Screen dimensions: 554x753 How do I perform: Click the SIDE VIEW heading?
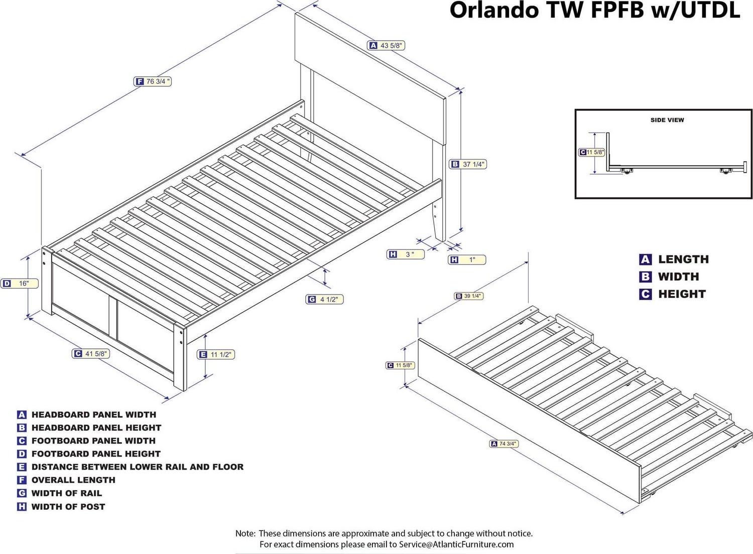[667, 120]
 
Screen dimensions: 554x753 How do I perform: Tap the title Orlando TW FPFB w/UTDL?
[594, 10]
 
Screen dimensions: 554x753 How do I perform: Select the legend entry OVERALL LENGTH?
[73, 480]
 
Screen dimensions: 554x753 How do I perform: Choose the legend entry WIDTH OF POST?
[68, 507]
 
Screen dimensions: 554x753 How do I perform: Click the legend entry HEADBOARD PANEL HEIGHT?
[96, 428]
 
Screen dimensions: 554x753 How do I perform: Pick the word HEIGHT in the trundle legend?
[682, 294]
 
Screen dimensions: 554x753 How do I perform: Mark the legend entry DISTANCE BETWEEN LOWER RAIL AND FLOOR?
[137, 467]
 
